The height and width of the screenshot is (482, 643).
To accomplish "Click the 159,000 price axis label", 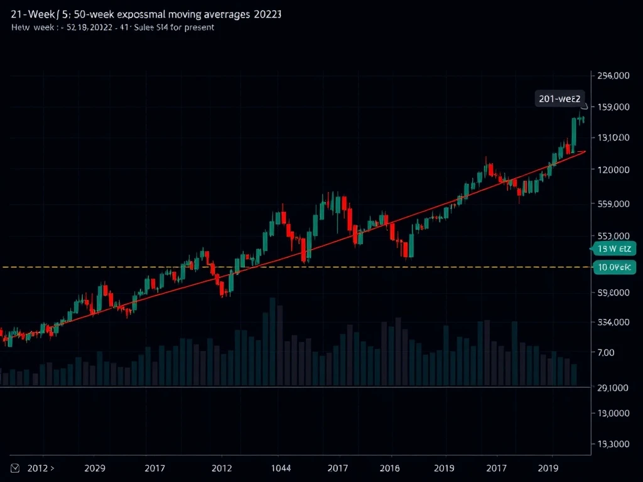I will tap(612, 107).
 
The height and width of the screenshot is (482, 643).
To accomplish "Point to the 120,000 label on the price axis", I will tap(612, 169).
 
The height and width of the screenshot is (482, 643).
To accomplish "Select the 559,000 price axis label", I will tap(612, 204).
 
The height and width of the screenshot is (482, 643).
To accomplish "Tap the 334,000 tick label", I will tap(612, 323).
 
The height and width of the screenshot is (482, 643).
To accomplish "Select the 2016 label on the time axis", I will tap(390, 468).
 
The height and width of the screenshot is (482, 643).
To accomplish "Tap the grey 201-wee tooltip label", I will tap(559, 98).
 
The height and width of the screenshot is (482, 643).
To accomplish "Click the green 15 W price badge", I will tap(613, 249).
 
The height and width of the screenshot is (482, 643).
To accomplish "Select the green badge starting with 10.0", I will tap(613, 267).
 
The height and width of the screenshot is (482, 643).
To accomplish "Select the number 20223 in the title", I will tap(266, 14).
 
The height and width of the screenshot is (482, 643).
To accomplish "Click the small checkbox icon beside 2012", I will tap(16, 468).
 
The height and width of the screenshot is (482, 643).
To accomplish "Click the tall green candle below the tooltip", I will tap(574, 132).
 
